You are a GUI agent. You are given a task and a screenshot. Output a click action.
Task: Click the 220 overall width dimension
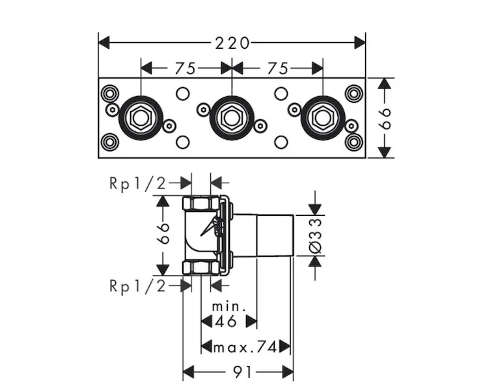click(x=232, y=43)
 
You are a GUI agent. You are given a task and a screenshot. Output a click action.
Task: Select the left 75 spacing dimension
click(x=187, y=68)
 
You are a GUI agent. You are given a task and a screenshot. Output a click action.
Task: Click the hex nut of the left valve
click(x=140, y=118)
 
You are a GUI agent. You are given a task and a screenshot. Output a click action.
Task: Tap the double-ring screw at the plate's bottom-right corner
click(x=353, y=142)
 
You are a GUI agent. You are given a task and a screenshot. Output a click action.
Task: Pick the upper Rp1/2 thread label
click(x=138, y=184)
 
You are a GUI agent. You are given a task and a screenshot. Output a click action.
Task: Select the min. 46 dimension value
click(x=228, y=320)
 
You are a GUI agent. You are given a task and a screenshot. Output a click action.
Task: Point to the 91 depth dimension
click(x=238, y=372)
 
